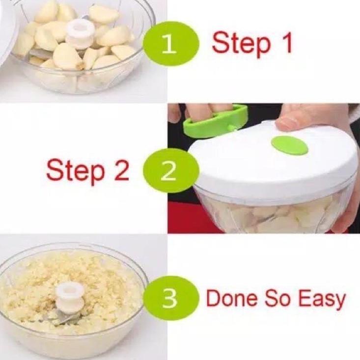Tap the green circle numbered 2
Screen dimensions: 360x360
click(171, 171)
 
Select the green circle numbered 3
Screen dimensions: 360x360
click(171, 299)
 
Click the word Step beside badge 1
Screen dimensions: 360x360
click(241, 44)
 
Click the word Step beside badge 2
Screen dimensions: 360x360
click(75, 170)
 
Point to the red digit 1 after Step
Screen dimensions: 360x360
click(285, 42)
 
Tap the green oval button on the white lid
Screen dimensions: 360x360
click(289, 145)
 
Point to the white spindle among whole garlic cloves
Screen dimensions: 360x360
click(81, 34)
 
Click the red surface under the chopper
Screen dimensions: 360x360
click(184, 218)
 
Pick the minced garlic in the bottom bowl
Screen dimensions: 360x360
click(69, 287)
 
